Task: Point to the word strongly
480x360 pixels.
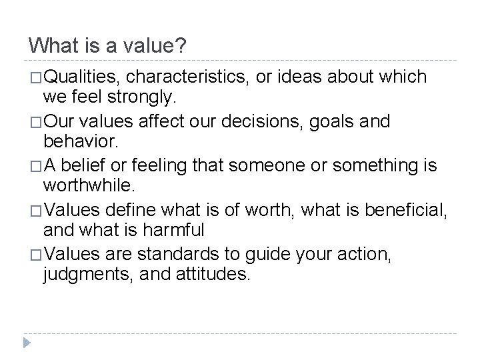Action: (143, 99)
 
